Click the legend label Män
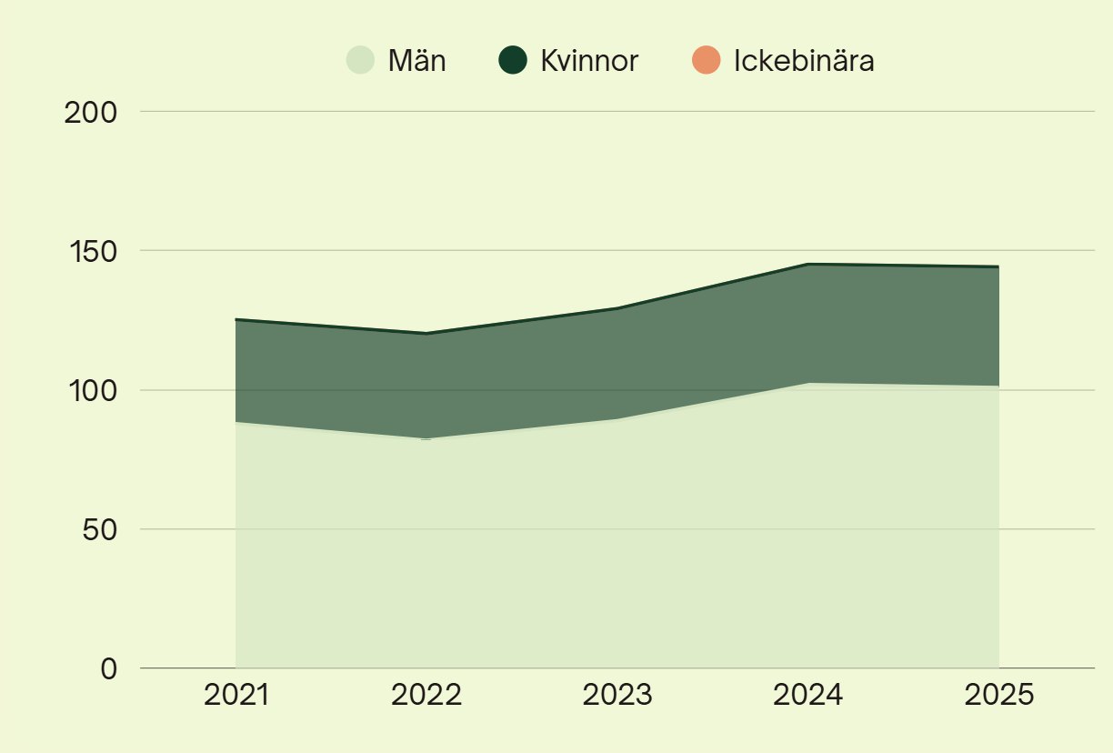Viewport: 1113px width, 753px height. [x=416, y=61]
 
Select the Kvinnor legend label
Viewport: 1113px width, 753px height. [x=589, y=61]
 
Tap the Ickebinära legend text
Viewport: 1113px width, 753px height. [x=804, y=61]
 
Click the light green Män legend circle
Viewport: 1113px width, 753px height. [x=360, y=60]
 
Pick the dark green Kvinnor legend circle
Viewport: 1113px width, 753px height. [x=513, y=60]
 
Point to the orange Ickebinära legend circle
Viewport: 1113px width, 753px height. [x=706, y=60]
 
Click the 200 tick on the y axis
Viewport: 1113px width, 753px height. [x=91, y=113]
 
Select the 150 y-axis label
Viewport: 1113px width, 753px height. [x=94, y=252]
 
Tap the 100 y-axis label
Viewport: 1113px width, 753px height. [x=94, y=391]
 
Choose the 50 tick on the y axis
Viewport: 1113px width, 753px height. [x=100, y=530]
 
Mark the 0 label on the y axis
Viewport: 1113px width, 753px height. [x=109, y=668]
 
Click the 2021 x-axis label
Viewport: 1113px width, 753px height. [x=236, y=695]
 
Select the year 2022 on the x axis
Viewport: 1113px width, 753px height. [x=426, y=695]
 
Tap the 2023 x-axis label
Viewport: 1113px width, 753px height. [x=617, y=695]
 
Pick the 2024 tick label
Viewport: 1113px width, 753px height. [x=807, y=695]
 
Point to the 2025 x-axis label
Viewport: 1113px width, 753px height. [x=998, y=695]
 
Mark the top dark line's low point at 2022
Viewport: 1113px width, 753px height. [x=426, y=334]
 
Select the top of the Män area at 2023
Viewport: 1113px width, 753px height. [x=617, y=418]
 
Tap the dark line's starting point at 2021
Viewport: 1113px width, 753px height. [x=236, y=319]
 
